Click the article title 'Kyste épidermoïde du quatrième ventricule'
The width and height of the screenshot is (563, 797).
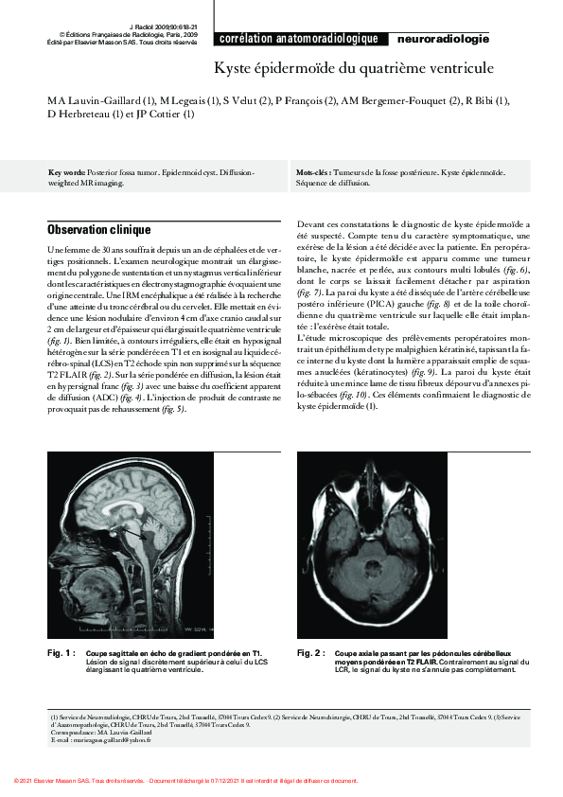pos(353,69)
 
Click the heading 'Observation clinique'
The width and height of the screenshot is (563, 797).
pos(98,229)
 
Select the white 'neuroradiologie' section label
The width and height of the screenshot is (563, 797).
pos(443,39)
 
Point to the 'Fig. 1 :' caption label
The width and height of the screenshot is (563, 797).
pos(62,653)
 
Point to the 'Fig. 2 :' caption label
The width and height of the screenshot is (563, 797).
pos(311,653)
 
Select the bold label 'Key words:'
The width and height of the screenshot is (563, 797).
pos(67,173)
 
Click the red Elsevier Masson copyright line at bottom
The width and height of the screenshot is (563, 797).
pos(186,780)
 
